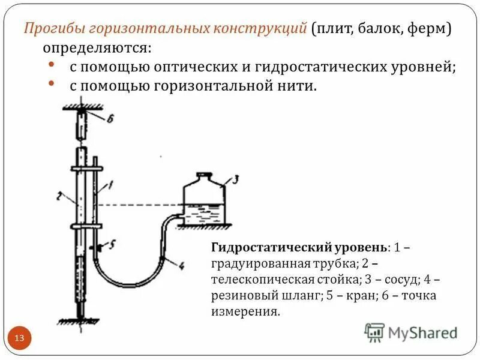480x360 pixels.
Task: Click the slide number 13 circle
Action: point(19,338)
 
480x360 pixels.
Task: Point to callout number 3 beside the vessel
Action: point(235,178)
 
